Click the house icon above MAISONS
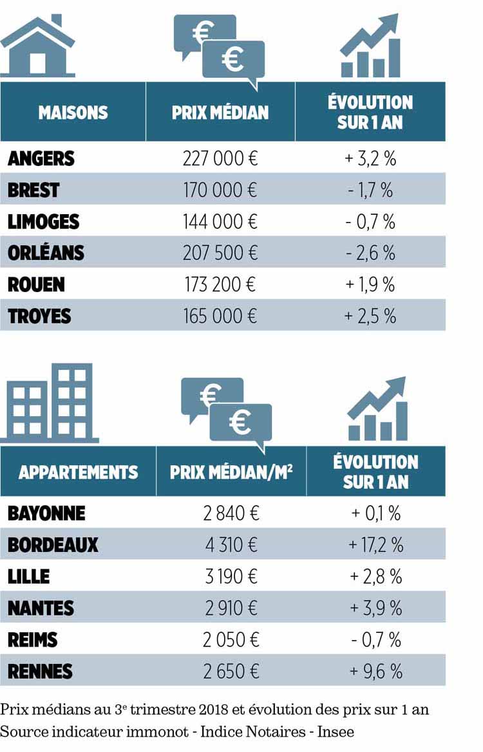38,46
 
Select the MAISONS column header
73,113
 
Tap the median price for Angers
220,158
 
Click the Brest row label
33,190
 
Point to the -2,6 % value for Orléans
370,253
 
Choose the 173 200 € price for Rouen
220,284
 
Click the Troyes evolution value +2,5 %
370,316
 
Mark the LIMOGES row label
44,221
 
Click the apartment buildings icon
50,403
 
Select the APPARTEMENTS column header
79,472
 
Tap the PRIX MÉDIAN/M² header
231,472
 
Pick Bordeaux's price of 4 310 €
231,545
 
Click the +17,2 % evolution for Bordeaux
376,545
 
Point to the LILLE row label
29,576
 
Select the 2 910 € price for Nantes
231,608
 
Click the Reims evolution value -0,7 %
376,640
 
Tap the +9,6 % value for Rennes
376,672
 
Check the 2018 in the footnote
213,710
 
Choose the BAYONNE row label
46,513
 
